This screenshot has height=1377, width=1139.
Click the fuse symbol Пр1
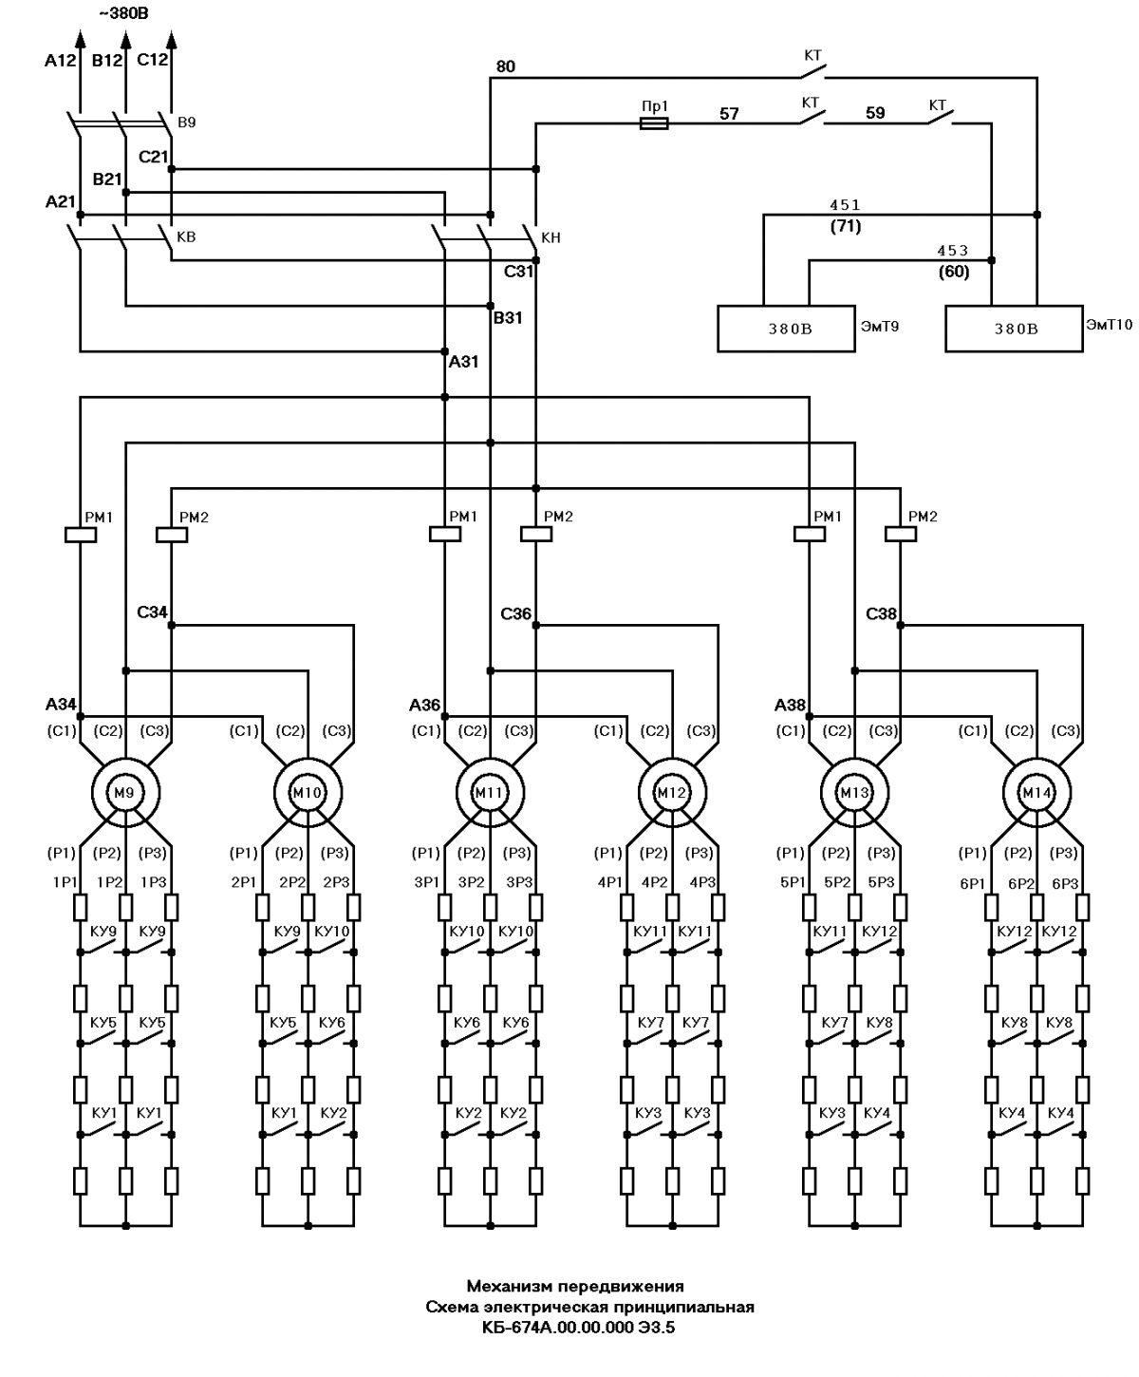pyautogui.click(x=654, y=123)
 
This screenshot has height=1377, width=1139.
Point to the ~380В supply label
pyautogui.click(x=124, y=13)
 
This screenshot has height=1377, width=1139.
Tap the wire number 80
pyautogui.click(x=506, y=66)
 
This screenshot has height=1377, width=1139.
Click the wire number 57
pyautogui.click(x=729, y=114)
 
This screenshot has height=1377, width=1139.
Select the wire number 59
pyautogui.click(x=875, y=113)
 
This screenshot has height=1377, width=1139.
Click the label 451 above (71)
pyautogui.click(x=845, y=205)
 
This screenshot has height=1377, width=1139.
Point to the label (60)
pyautogui.click(x=954, y=272)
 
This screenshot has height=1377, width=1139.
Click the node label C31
pyautogui.click(x=518, y=272)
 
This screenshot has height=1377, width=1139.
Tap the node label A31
pyautogui.click(x=464, y=362)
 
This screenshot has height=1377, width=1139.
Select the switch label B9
pyautogui.click(x=187, y=123)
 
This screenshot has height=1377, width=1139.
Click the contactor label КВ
pyautogui.click(x=187, y=236)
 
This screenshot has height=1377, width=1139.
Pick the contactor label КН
pyautogui.click(x=551, y=237)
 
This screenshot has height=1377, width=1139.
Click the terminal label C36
pyautogui.click(x=515, y=614)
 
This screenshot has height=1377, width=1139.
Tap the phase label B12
pyautogui.click(x=107, y=61)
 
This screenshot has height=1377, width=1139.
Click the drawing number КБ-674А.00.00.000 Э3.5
pyautogui.click(x=578, y=1328)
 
